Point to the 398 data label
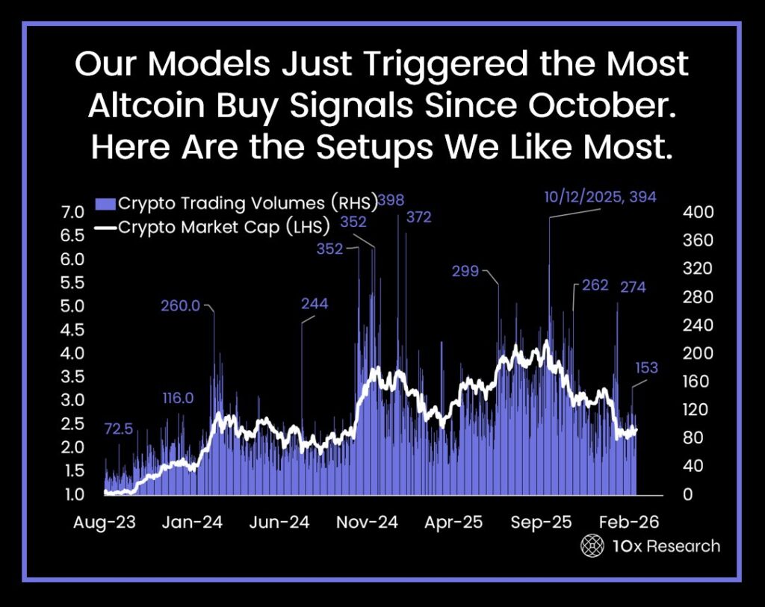click(391, 200)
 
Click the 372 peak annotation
click(418, 217)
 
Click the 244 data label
click(315, 303)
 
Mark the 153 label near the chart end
click(646, 367)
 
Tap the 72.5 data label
click(120, 429)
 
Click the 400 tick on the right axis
click(699, 212)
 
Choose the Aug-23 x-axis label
click(105, 522)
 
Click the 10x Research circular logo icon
click(592, 546)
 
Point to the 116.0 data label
click(178, 398)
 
